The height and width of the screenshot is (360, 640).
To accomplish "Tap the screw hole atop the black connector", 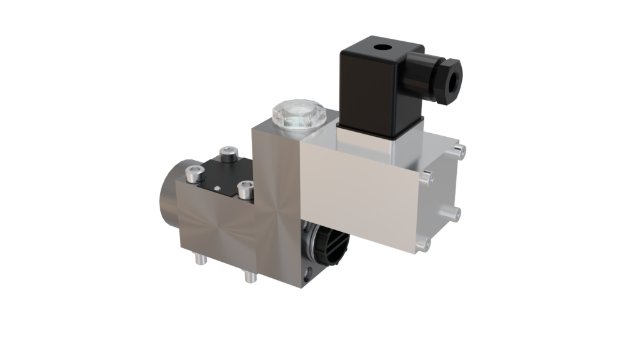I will point(379,48).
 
